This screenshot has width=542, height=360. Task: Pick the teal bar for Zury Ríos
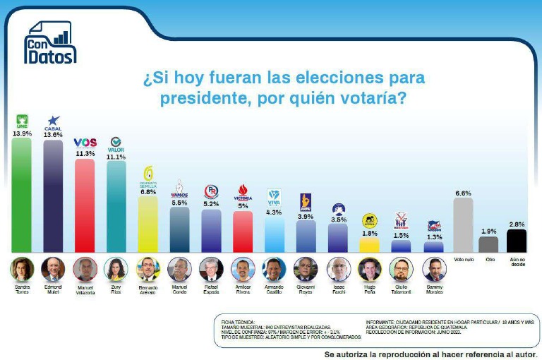[116, 205]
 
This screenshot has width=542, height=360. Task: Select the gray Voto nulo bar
[463, 224]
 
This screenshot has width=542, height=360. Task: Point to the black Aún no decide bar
[517, 240]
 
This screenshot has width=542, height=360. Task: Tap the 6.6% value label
[463, 193]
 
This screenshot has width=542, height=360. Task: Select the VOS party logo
[85, 143]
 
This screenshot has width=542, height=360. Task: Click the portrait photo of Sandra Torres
[21, 269]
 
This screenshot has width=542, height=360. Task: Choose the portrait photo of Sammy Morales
[434, 269]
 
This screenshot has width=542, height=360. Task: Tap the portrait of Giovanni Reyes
[306, 269]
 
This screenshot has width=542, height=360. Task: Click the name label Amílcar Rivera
[243, 289]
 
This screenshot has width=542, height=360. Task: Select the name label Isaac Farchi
[338, 289]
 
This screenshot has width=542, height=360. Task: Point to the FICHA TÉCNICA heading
[236, 322]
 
